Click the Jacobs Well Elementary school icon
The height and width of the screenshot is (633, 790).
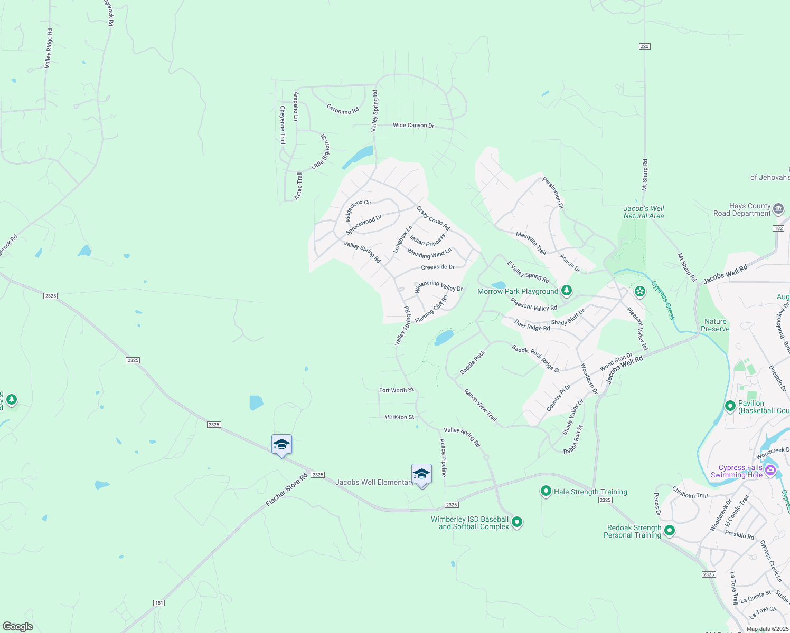(421, 474)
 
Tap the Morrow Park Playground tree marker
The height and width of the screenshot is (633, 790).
(567, 290)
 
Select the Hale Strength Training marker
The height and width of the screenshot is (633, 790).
(546, 491)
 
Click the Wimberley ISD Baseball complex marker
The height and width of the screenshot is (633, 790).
(517, 522)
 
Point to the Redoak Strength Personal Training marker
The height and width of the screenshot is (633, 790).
(669, 530)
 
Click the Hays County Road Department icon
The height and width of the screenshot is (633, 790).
(778, 209)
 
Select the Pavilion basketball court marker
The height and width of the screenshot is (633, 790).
(730, 406)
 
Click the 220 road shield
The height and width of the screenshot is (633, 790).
(644, 46)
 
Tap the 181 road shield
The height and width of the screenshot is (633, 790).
(159, 603)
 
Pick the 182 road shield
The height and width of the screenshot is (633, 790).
(778, 228)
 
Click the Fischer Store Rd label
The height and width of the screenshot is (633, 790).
(287, 490)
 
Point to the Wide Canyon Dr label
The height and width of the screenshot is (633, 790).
(413, 126)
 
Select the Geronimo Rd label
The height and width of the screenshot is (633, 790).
(343, 109)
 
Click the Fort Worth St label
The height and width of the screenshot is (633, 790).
(396, 390)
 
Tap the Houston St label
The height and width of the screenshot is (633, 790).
(399, 417)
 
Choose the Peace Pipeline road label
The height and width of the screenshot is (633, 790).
(444, 457)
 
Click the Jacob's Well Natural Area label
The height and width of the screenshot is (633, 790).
(644, 212)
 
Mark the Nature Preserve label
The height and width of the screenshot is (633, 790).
(715, 325)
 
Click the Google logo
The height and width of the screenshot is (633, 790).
(18, 626)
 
